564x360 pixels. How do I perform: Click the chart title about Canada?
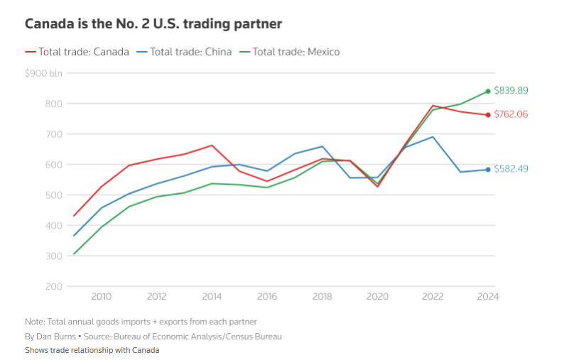153,24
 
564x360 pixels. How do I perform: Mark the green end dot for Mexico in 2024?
488,91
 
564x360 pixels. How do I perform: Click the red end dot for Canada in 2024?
488,115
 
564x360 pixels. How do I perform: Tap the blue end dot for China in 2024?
488,169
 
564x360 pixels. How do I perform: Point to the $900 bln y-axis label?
43,73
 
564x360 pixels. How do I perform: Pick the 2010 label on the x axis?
101,298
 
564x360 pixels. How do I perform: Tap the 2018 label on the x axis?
322,298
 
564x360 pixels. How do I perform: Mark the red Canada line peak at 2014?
212,146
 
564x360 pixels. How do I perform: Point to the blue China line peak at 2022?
433,137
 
